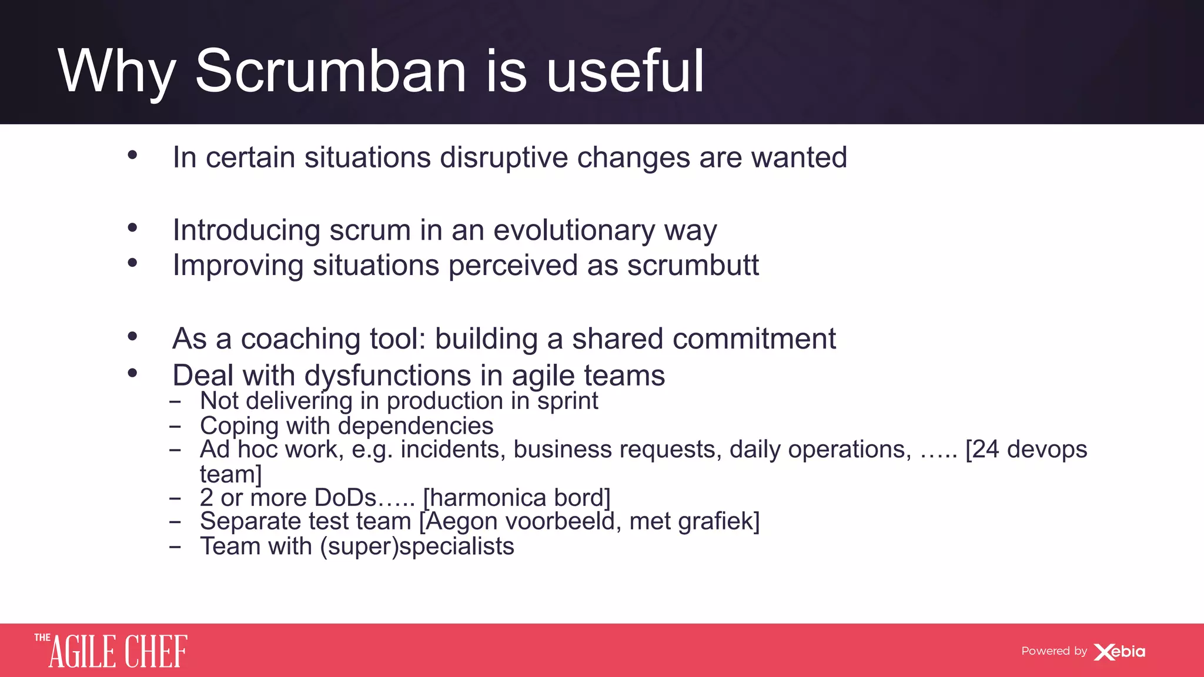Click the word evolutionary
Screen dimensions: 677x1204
[574, 230]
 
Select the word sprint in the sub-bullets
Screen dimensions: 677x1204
[567, 401]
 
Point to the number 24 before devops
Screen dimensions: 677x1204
[986, 450]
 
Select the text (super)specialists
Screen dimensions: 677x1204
[417, 547]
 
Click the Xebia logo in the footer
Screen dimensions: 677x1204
[1119, 652]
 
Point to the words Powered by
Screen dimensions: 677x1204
[1053, 651]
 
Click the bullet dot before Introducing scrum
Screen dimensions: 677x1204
[132, 227]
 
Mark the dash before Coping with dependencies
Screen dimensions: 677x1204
[175, 427]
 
